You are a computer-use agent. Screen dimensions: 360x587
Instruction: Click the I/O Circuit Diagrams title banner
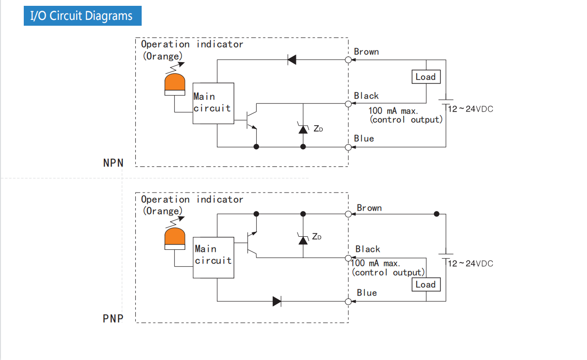82,16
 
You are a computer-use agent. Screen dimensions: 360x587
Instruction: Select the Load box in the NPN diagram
425,77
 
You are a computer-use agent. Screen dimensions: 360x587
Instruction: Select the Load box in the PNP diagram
425,285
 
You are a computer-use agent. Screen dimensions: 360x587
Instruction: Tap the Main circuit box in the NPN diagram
213,103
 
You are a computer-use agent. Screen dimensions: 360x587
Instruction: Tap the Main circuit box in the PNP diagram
213,258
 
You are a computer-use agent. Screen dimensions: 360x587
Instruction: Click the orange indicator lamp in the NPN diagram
175,83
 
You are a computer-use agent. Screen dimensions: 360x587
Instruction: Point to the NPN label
114,163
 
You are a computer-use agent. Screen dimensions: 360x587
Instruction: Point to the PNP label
113,319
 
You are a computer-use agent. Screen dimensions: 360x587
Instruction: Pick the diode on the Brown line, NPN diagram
292,60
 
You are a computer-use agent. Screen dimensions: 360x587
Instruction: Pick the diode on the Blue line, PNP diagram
277,301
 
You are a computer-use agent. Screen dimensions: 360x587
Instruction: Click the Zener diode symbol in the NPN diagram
303,129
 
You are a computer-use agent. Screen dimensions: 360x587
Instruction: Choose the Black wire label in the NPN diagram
366,96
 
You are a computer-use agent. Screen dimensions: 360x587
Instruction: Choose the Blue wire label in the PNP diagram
367,293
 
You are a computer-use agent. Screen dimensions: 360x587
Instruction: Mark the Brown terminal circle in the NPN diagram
348,60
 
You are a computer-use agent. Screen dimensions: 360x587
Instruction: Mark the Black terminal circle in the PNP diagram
348,258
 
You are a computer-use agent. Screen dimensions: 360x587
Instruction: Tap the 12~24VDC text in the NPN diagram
470,109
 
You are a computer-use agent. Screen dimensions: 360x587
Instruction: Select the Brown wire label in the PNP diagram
369,208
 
